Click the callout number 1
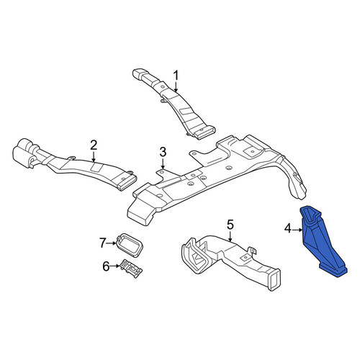coord(176,76)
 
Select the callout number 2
coord(94,145)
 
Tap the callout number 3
coord(163,152)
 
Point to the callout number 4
coord(288,230)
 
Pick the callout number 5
coord(230,225)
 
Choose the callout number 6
coord(106,266)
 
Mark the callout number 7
coord(103,243)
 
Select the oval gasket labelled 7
coord(130,244)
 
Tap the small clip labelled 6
coord(132,269)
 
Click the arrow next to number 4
coord(297,230)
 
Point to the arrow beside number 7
coord(112,243)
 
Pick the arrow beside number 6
coord(115,266)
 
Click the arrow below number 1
coord(176,87)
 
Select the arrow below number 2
coord(94,156)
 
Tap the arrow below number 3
coord(163,163)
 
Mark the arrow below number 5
coord(230,236)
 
